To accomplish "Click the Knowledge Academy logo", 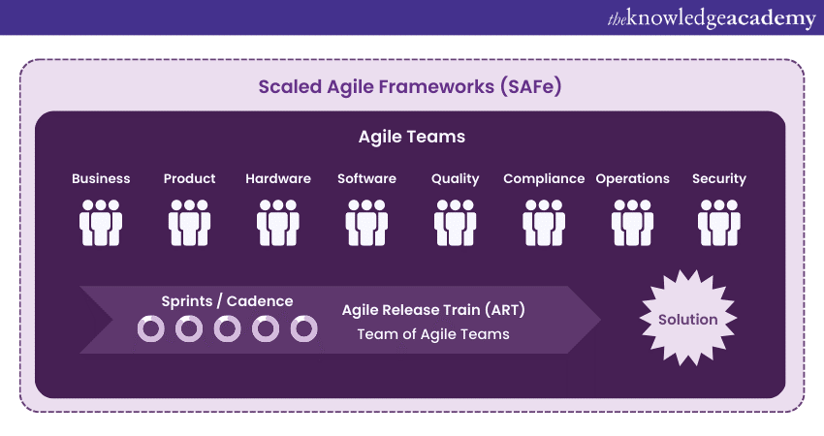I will pyautogui.click(x=711, y=17).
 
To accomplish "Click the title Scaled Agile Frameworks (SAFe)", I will pyautogui.click(x=411, y=86).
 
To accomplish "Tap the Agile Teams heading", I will pyautogui.click(x=411, y=137).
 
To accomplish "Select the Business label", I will pyautogui.click(x=101, y=178).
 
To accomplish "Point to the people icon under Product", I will pyautogui.click(x=189, y=222).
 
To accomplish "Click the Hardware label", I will pyautogui.click(x=278, y=178).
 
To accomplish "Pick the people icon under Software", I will pyautogui.click(x=366, y=222).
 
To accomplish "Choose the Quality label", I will pyautogui.click(x=456, y=178).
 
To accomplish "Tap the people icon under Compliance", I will pyautogui.click(x=544, y=222).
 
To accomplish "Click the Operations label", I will pyautogui.click(x=632, y=178).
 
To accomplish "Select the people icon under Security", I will pyautogui.click(x=719, y=222).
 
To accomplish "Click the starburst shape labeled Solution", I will pyautogui.click(x=688, y=320).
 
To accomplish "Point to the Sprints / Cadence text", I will pyautogui.click(x=227, y=301).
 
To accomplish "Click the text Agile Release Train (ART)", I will pyautogui.click(x=433, y=311).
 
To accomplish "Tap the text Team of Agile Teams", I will pyautogui.click(x=433, y=334).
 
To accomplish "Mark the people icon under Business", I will pyautogui.click(x=101, y=222).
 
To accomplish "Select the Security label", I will pyautogui.click(x=719, y=178).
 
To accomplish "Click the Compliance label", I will pyautogui.click(x=544, y=178).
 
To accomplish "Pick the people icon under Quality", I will pyautogui.click(x=456, y=222).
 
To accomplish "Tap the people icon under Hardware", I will pyautogui.click(x=278, y=222).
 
